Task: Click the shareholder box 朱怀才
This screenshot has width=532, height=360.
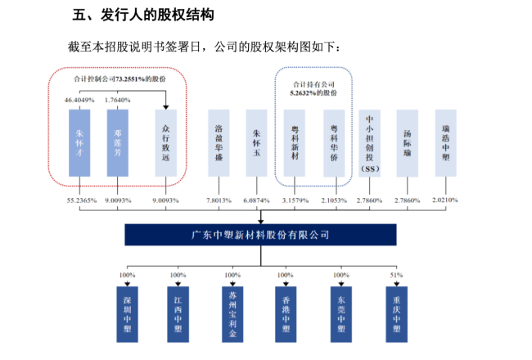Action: (79, 143)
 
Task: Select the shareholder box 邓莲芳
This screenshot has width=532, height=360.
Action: (117, 143)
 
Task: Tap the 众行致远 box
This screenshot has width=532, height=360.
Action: (165, 143)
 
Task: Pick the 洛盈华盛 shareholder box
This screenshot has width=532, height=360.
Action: (219, 143)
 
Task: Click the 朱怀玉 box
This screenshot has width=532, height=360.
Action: (256, 143)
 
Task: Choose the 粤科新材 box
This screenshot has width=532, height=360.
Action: (295, 143)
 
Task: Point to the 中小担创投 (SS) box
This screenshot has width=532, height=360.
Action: (369, 143)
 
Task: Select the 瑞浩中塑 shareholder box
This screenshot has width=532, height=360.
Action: (446, 143)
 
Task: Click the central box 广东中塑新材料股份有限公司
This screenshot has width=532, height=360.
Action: (260, 235)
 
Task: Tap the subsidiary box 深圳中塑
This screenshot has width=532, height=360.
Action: (127, 314)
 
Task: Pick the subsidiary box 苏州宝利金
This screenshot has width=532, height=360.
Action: (232, 314)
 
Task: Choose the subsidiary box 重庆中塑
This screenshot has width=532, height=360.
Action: (396, 314)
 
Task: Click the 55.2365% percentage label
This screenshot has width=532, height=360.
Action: (82, 200)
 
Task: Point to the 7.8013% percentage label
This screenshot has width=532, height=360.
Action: (219, 200)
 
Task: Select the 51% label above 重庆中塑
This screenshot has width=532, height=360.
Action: (396, 275)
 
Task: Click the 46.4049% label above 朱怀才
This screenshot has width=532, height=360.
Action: (79, 100)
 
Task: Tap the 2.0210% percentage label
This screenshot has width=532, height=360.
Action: (444, 200)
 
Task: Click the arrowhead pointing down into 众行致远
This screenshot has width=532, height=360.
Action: (165, 107)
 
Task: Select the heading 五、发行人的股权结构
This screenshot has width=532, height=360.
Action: (143, 15)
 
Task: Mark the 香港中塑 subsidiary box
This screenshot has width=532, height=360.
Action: (286, 314)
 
